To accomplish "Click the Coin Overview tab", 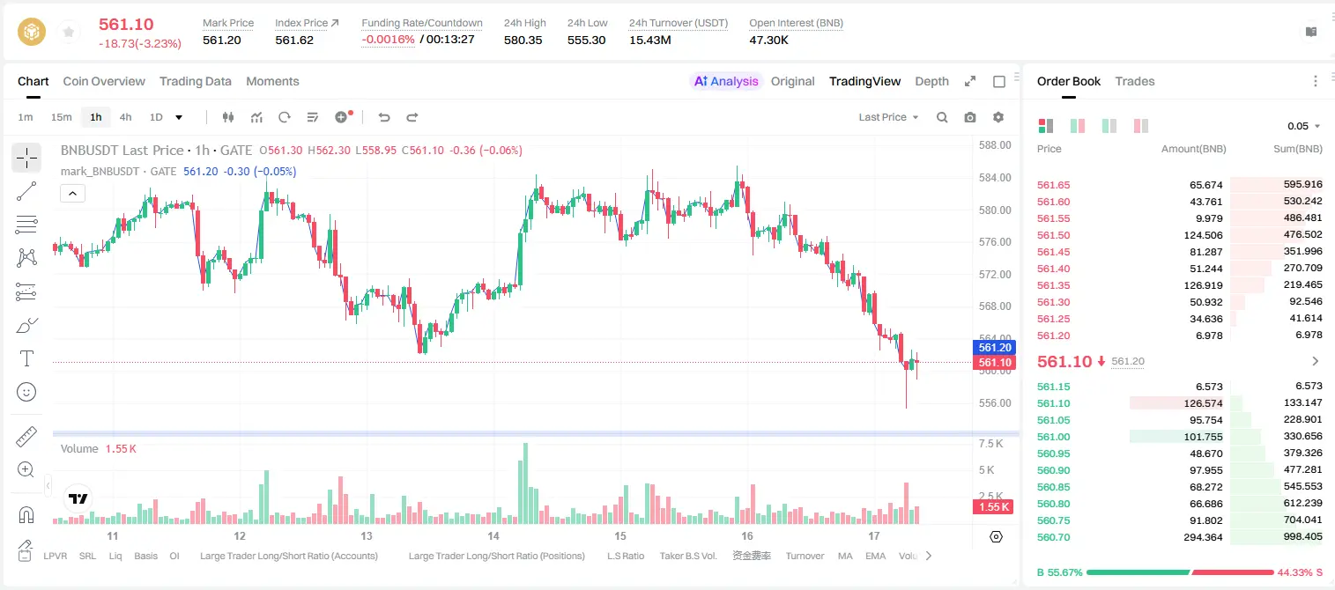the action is click(104, 81).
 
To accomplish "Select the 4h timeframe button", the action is click(125, 117).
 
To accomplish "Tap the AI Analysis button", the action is click(726, 81).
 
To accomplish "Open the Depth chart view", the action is click(931, 81).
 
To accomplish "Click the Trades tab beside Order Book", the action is click(1135, 81).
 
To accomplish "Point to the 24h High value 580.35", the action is click(523, 40).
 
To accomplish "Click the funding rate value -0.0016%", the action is click(388, 40).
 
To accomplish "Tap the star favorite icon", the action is click(69, 32).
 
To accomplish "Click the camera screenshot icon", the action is click(970, 117).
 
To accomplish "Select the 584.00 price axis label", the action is click(995, 177).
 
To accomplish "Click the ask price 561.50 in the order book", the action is click(1053, 235).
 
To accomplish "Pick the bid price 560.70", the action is click(1053, 537).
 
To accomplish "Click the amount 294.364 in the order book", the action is click(1203, 537).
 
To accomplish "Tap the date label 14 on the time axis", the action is click(493, 535).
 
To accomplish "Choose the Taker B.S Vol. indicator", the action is click(687, 556).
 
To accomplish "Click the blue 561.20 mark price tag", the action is click(994, 347).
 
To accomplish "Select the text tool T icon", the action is click(26, 358).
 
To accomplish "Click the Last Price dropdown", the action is click(888, 117).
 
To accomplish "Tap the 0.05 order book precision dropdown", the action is click(1303, 126).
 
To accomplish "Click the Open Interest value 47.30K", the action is click(768, 40).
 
